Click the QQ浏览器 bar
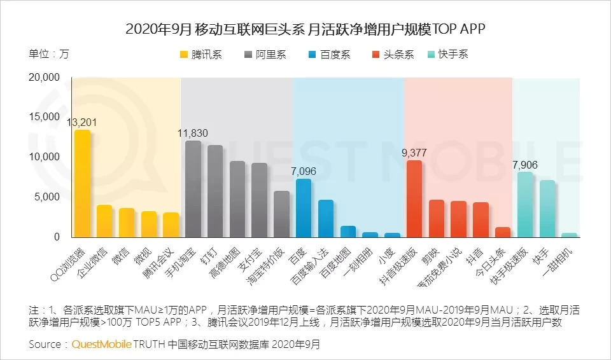(x=82, y=183)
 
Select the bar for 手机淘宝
(x=193, y=189)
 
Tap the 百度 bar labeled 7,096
(x=304, y=208)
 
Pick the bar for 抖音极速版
(x=414, y=198)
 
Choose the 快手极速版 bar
(x=525, y=204)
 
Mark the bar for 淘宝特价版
(x=281, y=214)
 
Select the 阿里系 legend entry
(x=265, y=55)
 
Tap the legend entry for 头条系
(x=393, y=55)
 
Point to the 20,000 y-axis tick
(x=44, y=78)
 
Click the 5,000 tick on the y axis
(x=48, y=197)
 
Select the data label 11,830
(x=192, y=133)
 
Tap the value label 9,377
(x=414, y=153)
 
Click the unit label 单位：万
(x=49, y=53)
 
